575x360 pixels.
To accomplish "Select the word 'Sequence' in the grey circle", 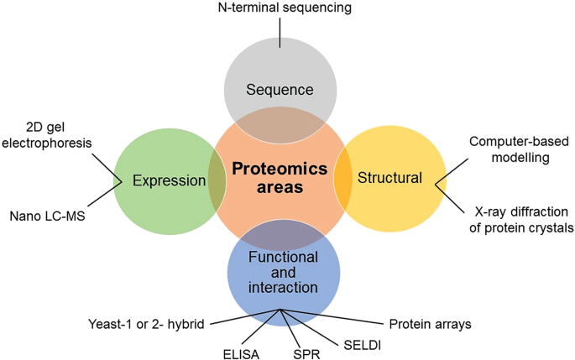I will (x=280, y=90).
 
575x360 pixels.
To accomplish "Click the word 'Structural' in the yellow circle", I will (x=389, y=178).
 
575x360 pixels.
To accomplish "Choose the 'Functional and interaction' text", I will (x=283, y=272).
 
